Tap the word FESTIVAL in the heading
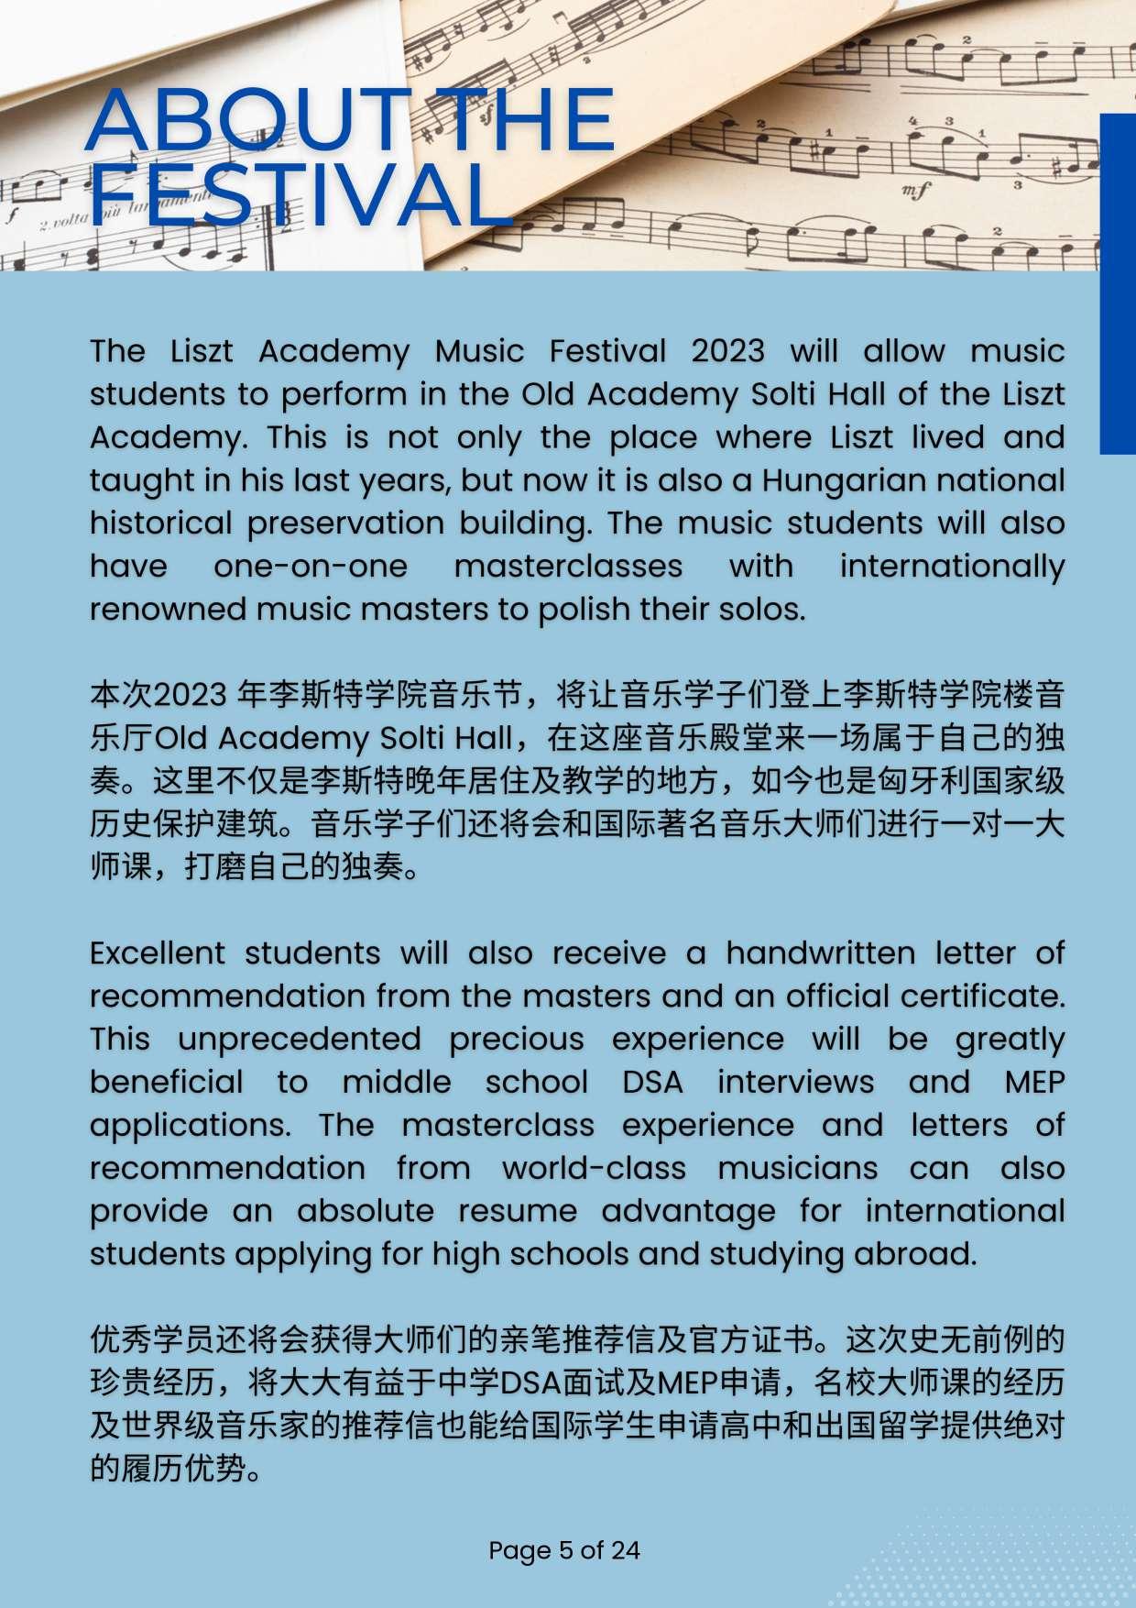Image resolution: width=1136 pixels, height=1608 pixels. coord(299,195)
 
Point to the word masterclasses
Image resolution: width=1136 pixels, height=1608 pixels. coord(568,567)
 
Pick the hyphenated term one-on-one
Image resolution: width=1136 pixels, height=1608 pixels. coord(311,567)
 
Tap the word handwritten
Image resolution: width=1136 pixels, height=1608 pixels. coord(821,953)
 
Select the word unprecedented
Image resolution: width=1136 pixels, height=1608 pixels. coord(300,1040)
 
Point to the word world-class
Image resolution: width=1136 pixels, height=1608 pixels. coord(594,1169)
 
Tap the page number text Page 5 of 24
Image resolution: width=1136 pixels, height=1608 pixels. coord(564,1550)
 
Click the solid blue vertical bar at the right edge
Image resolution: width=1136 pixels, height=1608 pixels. coord(1118,283)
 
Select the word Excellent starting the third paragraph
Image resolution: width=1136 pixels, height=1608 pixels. coord(158,953)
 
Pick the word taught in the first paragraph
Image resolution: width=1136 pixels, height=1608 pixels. coord(132,480)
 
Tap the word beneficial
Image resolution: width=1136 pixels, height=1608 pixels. coord(167,1083)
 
